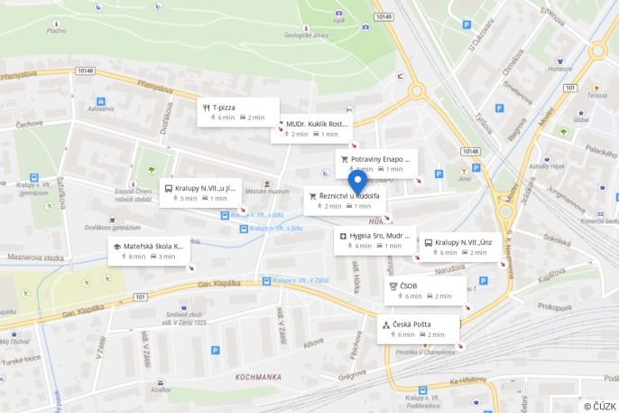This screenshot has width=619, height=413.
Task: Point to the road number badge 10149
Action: click(383, 16)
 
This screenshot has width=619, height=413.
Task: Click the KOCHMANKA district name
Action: click(258, 374)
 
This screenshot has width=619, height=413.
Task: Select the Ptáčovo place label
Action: click(57, 30)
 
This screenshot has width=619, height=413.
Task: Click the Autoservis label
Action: click(101, 109)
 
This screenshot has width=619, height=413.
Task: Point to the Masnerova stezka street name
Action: click(35, 258)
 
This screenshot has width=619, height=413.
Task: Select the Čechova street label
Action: click(29, 124)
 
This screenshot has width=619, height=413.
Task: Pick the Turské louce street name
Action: click(21, 359)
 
